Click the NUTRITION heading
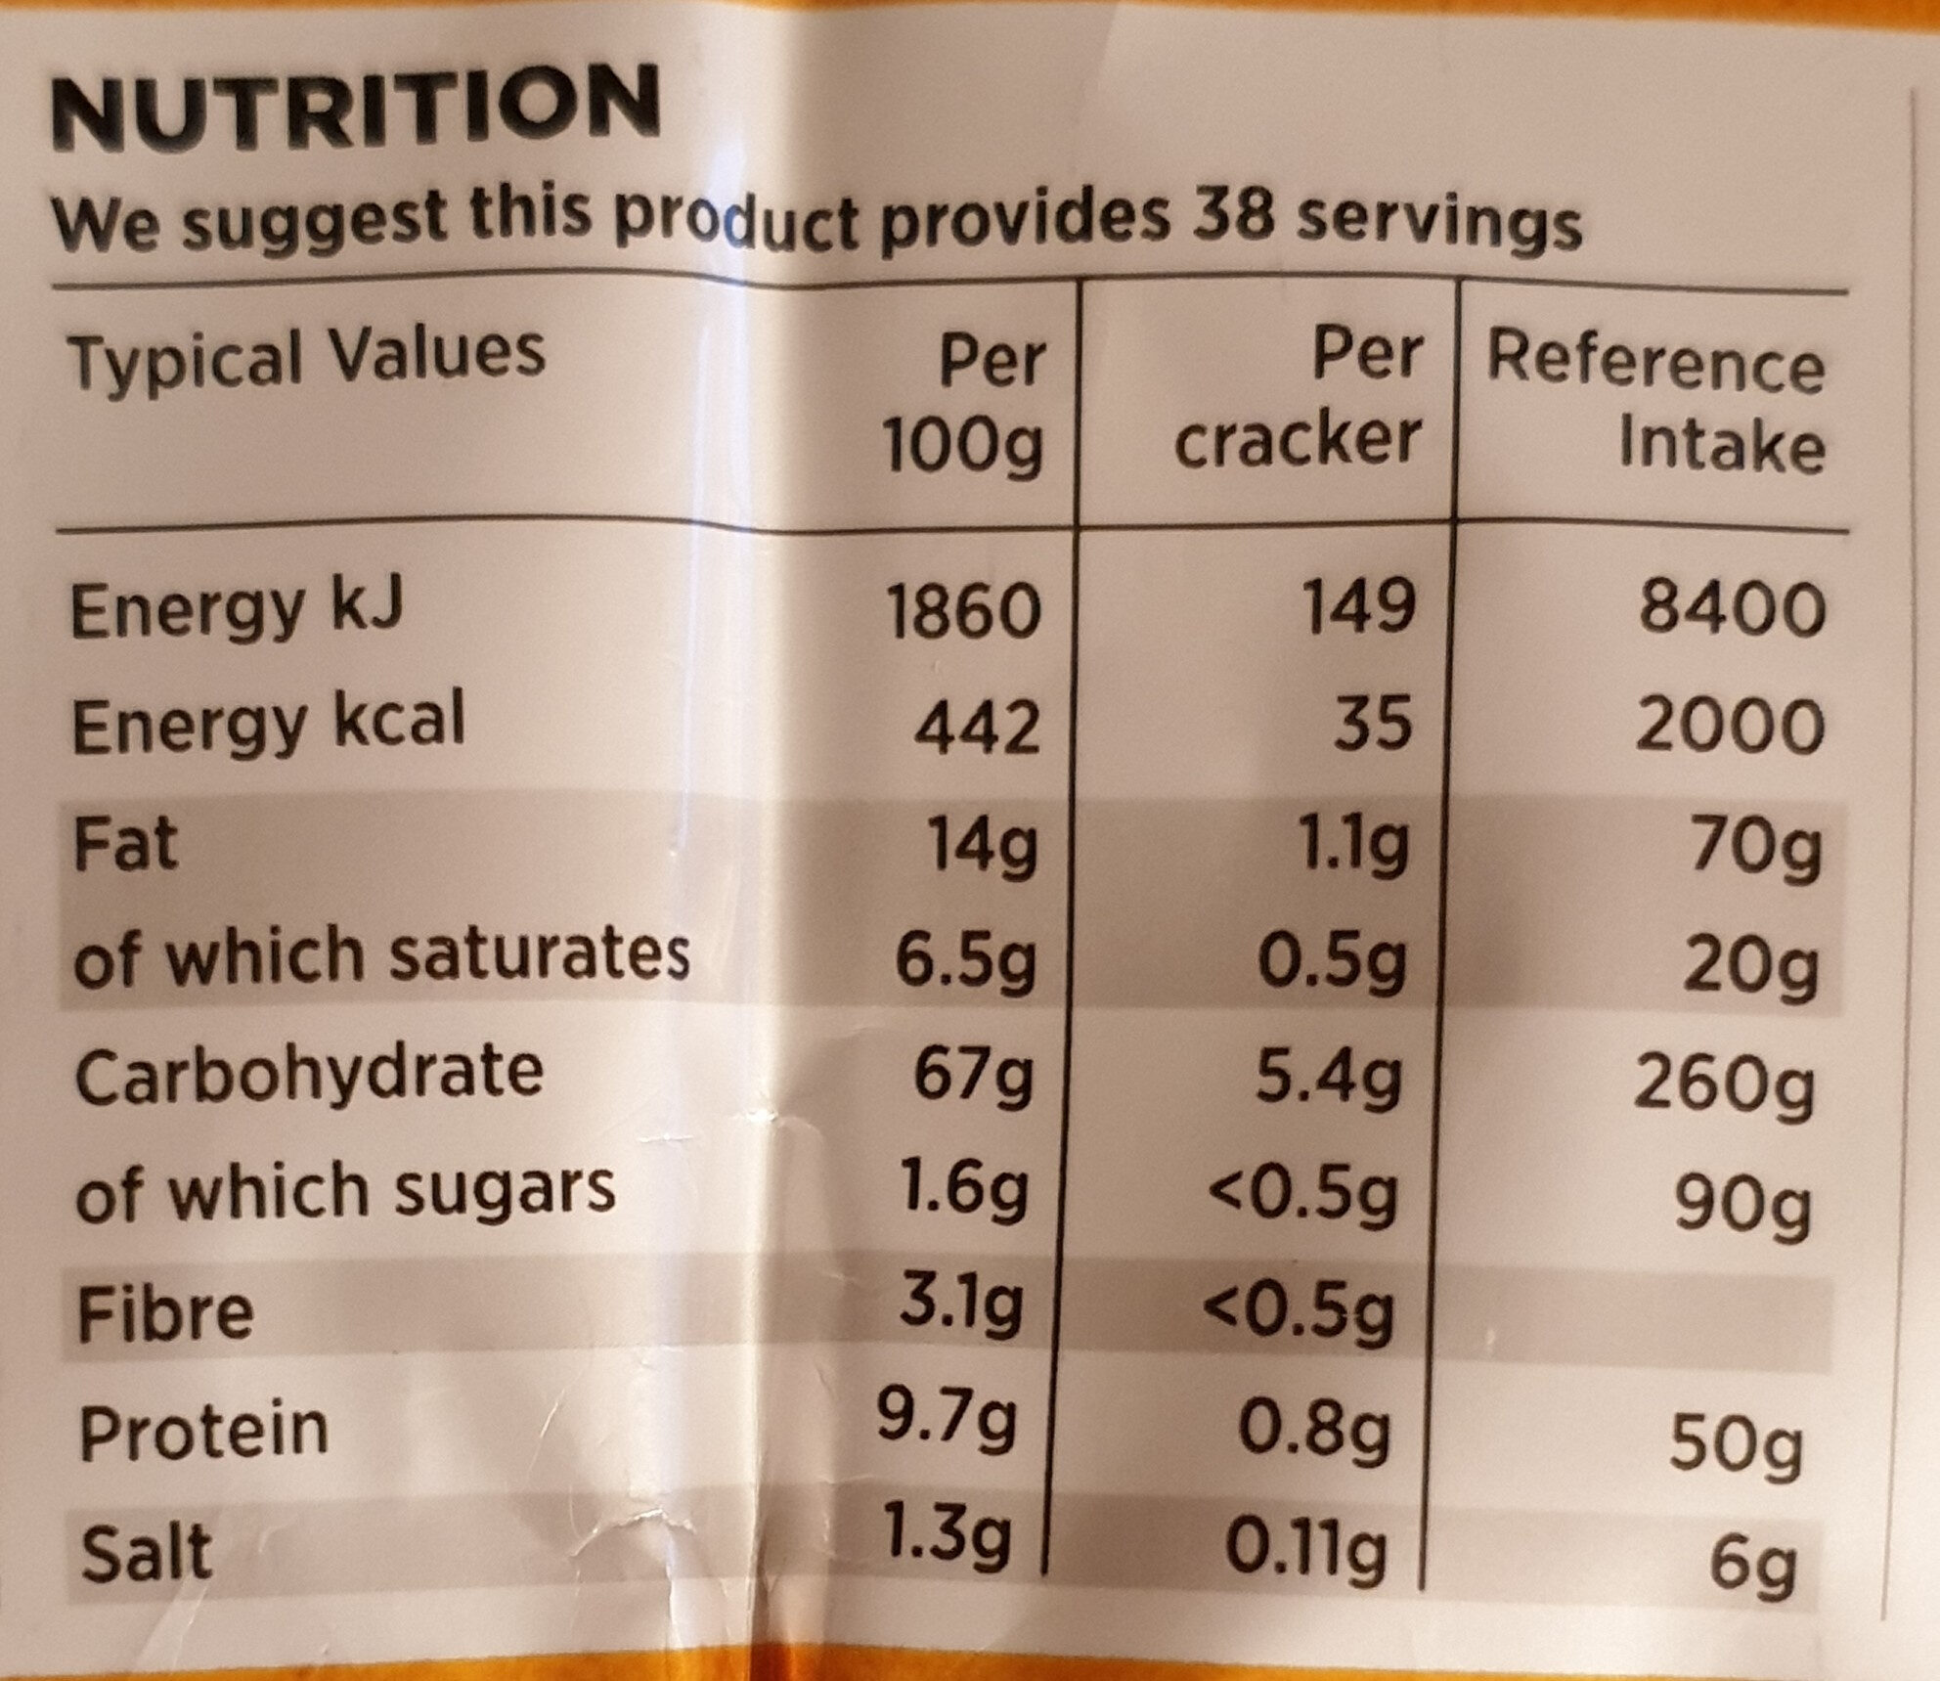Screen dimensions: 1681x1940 point(355,108)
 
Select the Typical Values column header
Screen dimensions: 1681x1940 point(306,358)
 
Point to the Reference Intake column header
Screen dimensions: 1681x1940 point(1656,403)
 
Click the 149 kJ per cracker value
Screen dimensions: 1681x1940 point(1359,606)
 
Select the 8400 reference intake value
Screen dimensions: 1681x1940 point(1732,608)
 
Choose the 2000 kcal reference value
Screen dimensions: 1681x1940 point(1729,728)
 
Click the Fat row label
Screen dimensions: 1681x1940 point(125,845)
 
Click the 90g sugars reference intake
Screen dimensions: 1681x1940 point(1743,1207)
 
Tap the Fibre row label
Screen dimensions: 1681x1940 point(165,1313)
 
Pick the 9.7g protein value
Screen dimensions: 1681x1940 point(947,1420)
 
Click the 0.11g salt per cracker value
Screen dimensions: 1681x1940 point(1305,1548)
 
